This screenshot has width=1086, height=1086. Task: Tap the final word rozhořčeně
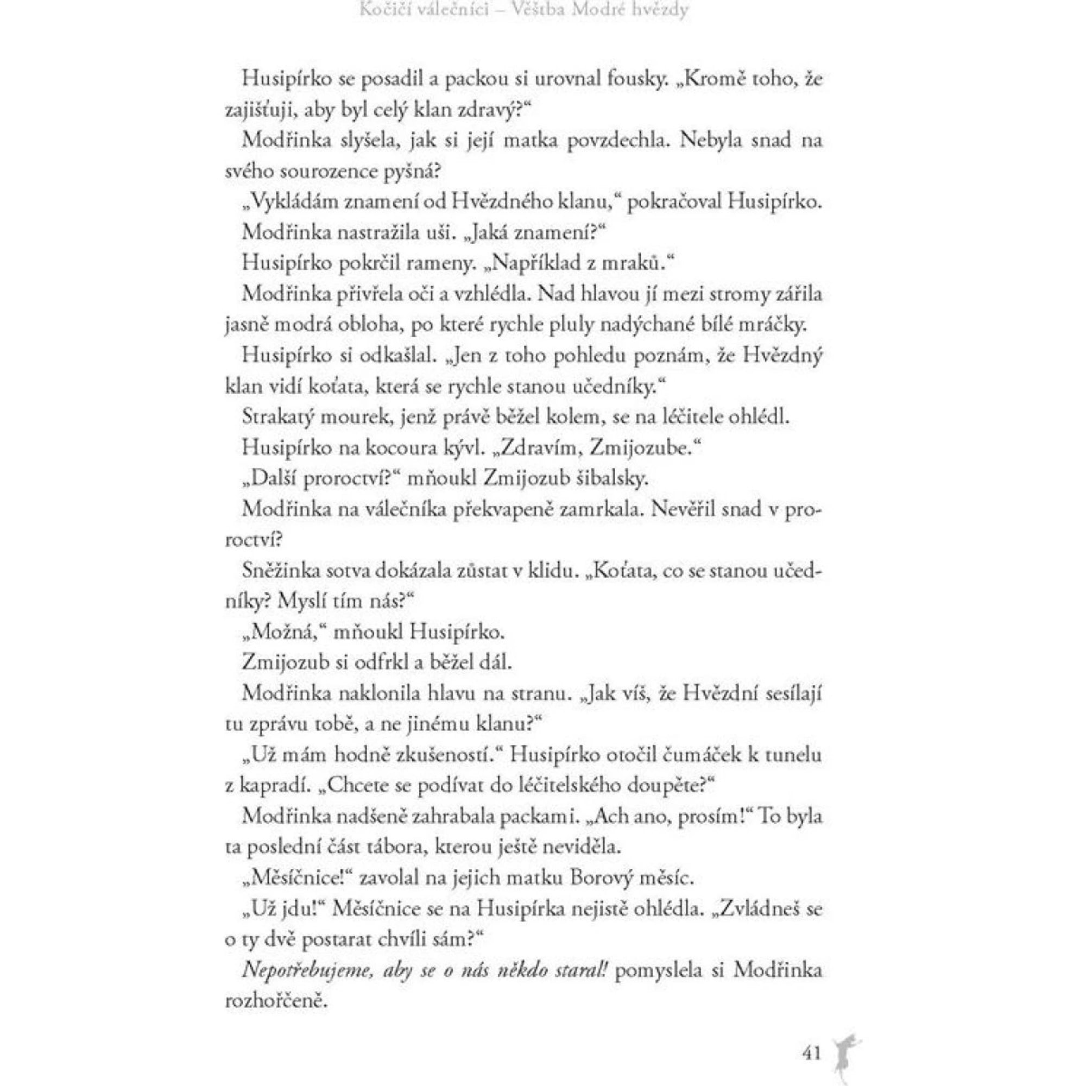click(x=275, y=1001)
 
